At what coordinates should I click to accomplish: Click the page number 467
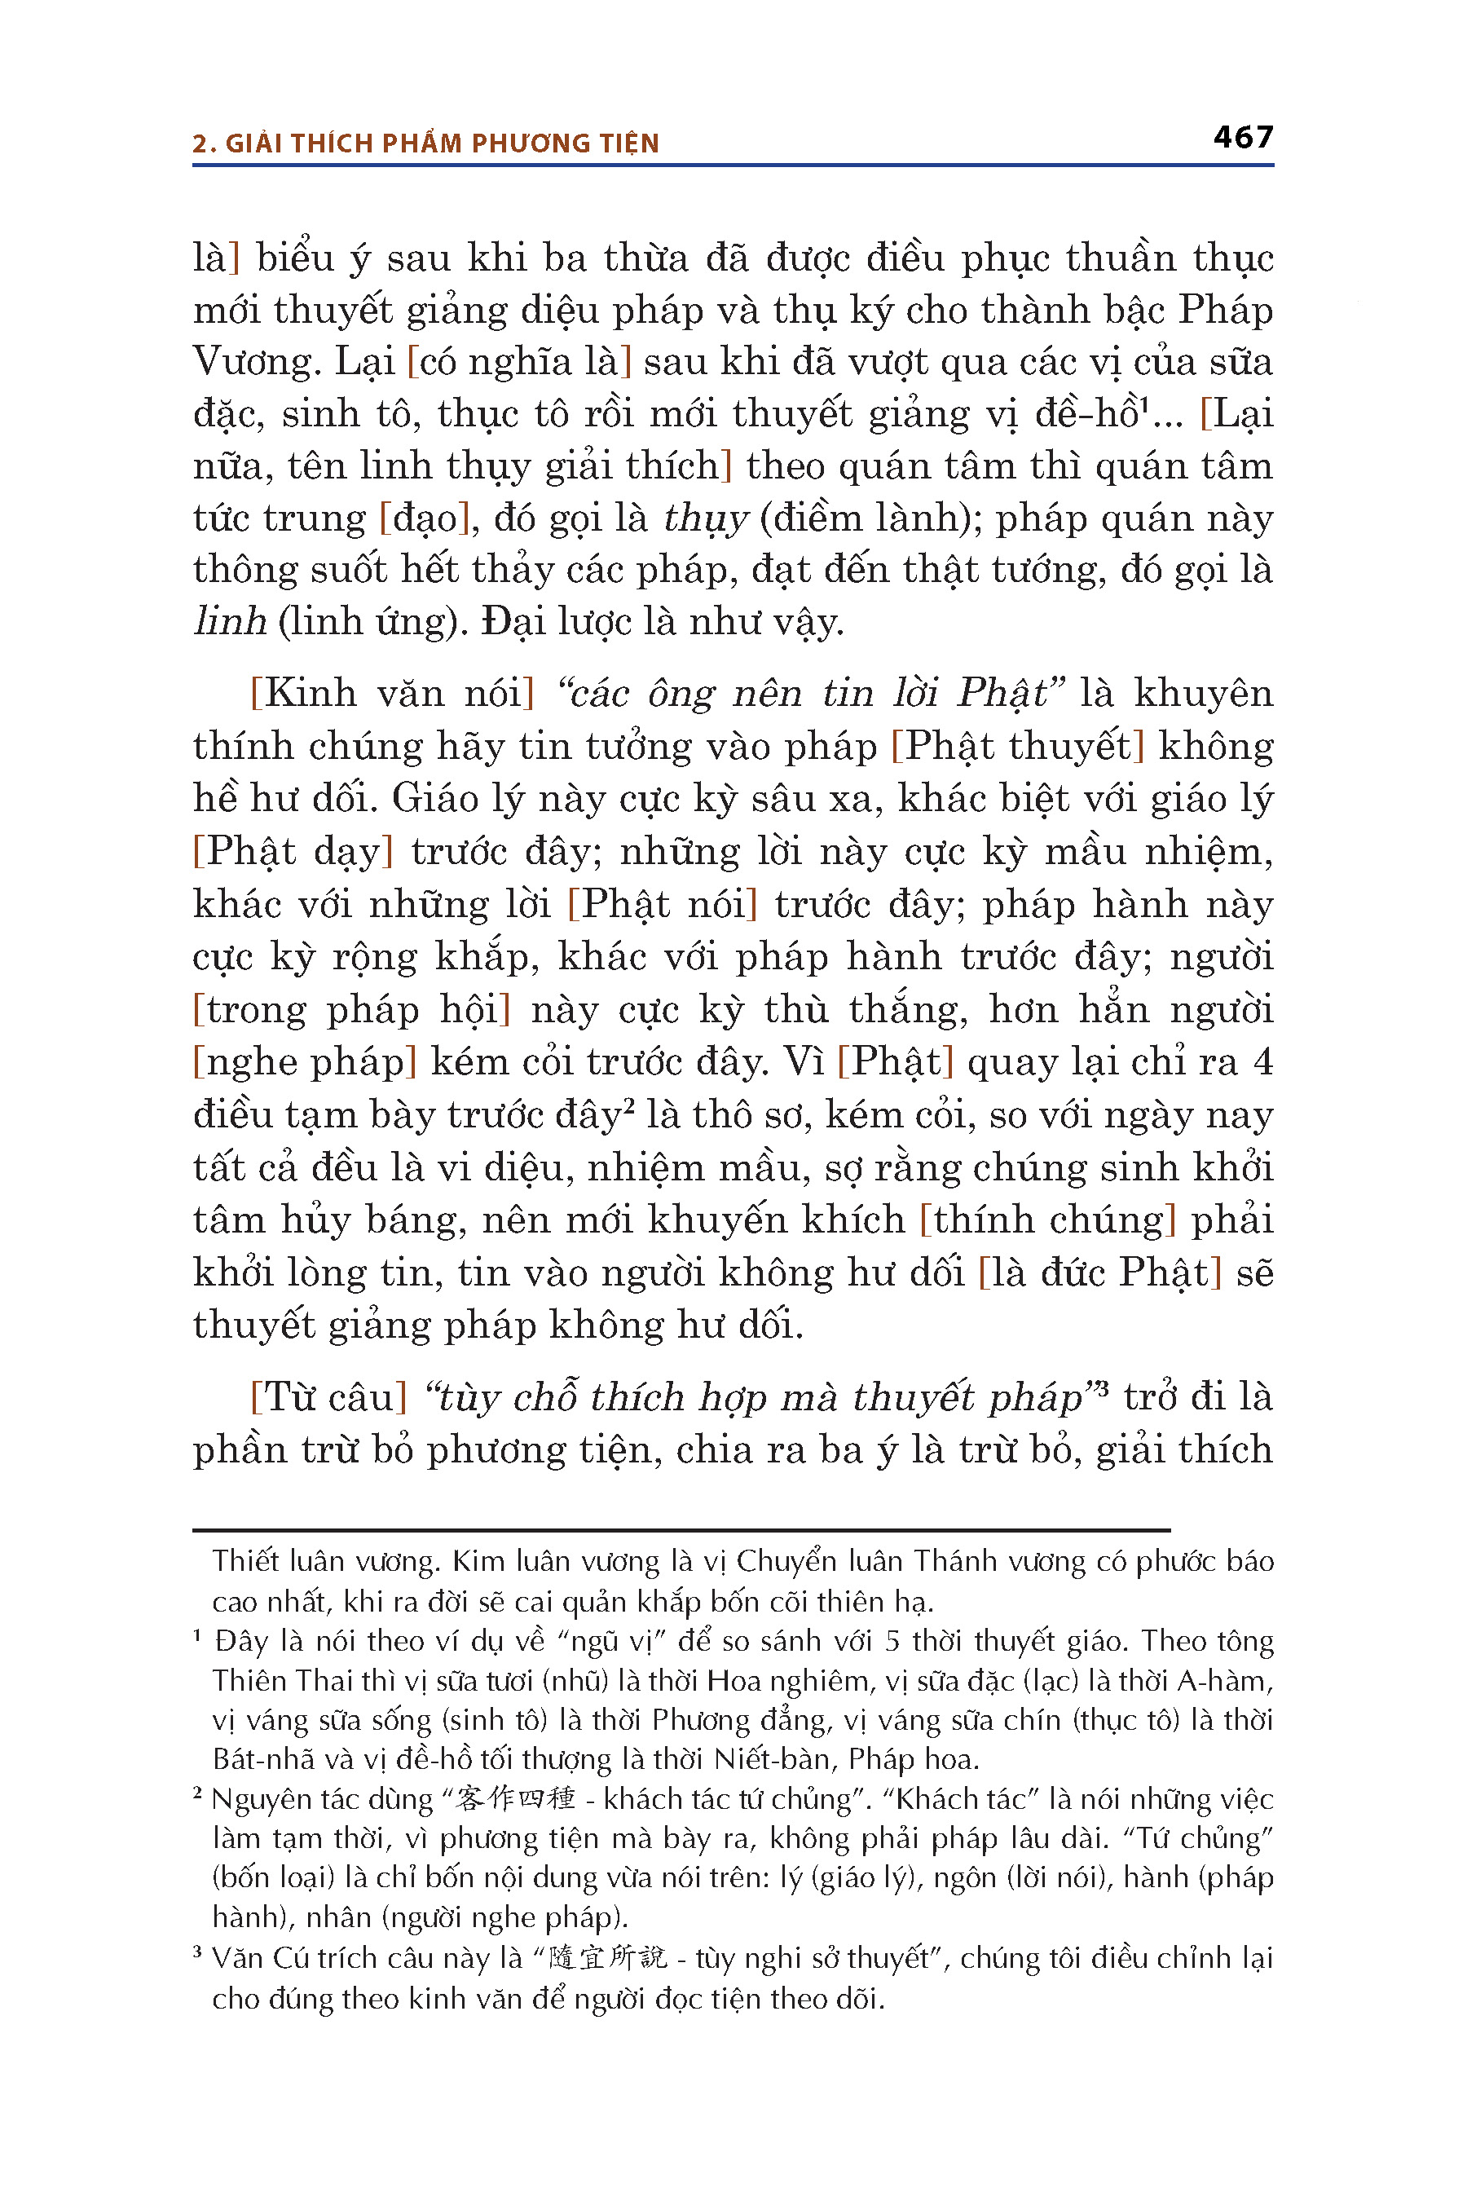coord(1242,138)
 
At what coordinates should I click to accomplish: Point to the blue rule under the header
coord(733,165)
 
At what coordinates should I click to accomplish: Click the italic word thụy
coord(707,518)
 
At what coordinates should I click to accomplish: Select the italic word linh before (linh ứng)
coord(230,621)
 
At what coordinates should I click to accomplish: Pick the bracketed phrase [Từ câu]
coord(328,1397)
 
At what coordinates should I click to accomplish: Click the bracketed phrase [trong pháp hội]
coord(352,1011)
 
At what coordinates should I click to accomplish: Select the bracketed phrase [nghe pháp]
coord(304,1063)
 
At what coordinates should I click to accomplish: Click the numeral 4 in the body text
coord(1263,1063)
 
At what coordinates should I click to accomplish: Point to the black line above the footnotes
coord(681,1530)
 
